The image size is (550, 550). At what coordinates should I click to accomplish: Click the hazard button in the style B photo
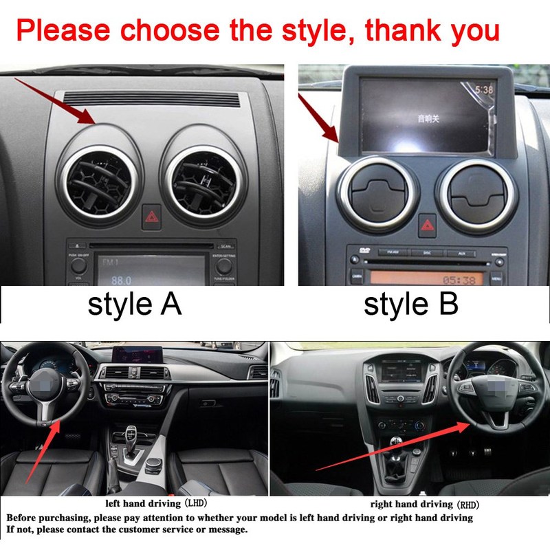click(x=426, y=224)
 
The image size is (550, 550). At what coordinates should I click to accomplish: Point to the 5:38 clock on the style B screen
click(x=485, y=89)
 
